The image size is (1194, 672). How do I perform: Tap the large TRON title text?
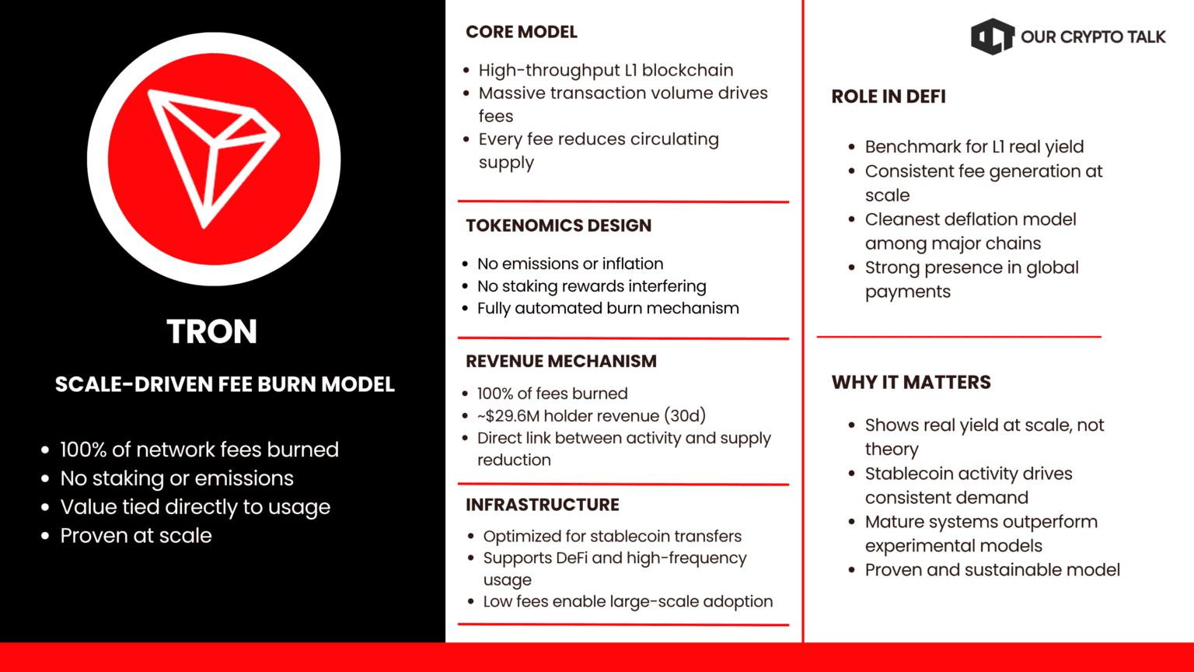click(212, 331)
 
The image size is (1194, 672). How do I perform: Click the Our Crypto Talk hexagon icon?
click(992, 37)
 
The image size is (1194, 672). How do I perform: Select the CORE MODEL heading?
click(522, 32)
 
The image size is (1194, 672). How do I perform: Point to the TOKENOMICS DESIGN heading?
click(559, 226)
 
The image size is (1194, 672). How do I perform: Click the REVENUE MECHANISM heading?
click(561, 361)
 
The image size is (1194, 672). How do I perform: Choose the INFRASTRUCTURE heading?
click(543, 505)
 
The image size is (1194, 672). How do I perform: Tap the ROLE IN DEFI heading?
click(889, 96)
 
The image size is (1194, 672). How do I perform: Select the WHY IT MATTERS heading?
click(911, 383)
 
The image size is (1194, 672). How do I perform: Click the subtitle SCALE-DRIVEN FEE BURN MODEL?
click(225, 384)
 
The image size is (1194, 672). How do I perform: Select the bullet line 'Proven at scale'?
click(136, 535)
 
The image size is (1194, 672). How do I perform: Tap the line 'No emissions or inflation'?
click(571, 264)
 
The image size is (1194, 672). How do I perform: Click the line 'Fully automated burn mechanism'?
click(608, 308)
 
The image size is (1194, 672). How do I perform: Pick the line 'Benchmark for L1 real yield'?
click(974, 147)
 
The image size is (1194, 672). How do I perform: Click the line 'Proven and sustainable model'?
click(993, 569)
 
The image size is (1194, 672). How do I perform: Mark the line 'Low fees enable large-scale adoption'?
click(628, 601)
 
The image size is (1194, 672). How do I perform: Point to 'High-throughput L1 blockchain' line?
click(606, 71)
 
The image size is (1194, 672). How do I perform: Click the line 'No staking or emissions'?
click(177, 478)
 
